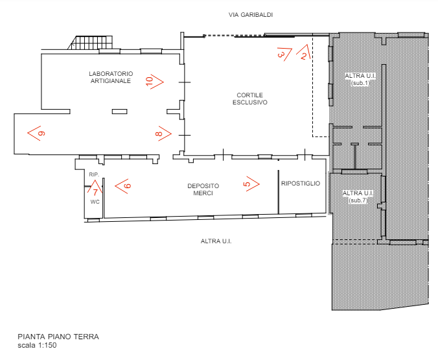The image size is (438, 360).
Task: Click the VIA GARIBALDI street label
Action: (x=251, y=14)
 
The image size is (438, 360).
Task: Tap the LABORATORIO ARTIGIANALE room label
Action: (x=111, y=77)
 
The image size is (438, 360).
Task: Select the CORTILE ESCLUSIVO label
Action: (x=249, y=98)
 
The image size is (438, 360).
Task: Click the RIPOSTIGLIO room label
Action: (x=301, y=184)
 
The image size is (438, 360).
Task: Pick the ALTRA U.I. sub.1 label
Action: (x=360, y=79)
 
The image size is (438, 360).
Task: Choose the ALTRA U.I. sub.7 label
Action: (x=358, y=197)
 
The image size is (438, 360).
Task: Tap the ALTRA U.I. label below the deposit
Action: (x=216, y=241)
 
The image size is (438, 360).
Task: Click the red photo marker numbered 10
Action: (x=154, y=81)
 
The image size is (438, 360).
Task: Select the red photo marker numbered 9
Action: (x=36, y=133)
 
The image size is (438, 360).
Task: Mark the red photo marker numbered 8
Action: (x=163, y=133)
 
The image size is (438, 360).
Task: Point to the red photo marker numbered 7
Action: (x=95, y=190)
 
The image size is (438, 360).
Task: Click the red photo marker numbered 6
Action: (x=122, y=186)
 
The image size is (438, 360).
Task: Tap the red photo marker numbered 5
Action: (x=251, y=184)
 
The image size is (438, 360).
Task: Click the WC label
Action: (x=94, y=202)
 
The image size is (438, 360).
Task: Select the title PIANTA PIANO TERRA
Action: (x=58, y=337)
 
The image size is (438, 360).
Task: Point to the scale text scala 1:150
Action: (x=37, y=345)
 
